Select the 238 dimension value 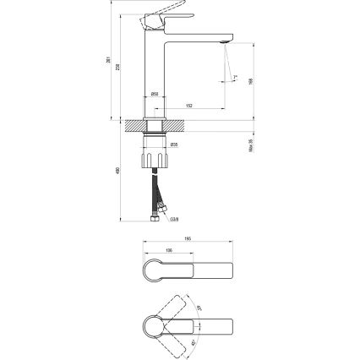click(x=119, y=67)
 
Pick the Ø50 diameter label click(x=156, y=93)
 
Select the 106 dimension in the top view click(x=169, y=250)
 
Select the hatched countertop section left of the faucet click(x=133, y=126)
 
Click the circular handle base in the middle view click(x=157, y=272)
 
